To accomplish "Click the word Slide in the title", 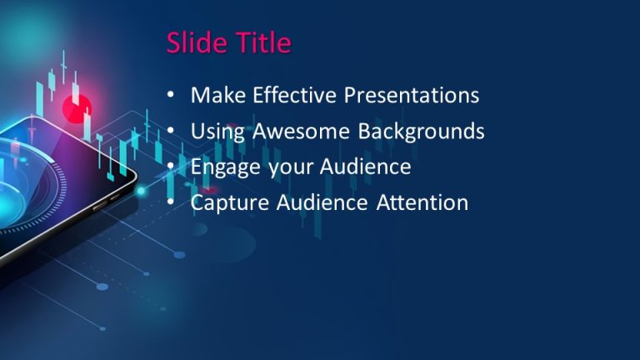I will click(x=197, y=42).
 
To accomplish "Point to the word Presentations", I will click(x=413, y=95).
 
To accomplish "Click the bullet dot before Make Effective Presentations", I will click(x=171, y=96).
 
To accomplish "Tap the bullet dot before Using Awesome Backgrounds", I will click(x=171, y=132).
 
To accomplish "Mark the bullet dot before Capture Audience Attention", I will click(x=171, y=203).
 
